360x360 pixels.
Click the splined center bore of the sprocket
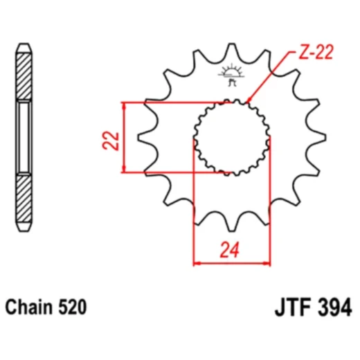pos(231,136)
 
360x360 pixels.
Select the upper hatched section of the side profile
pos(24,76)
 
